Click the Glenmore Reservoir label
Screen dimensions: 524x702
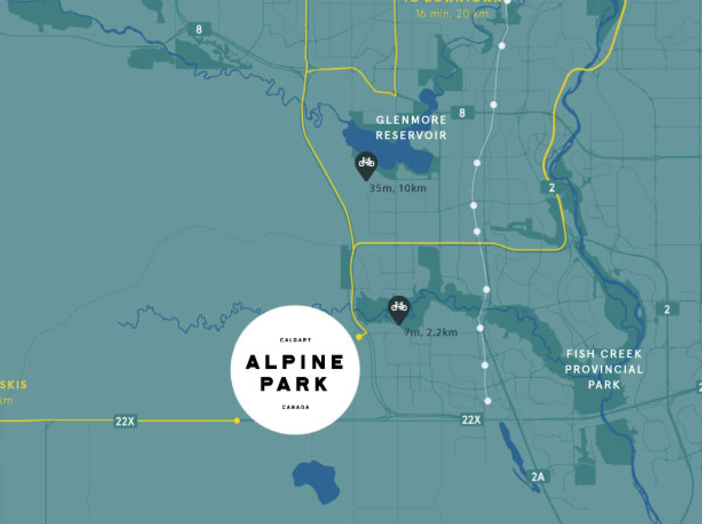(x=411, y=127)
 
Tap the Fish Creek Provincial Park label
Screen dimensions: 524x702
(x=604, y=369)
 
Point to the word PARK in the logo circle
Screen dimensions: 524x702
(x=294, y=384)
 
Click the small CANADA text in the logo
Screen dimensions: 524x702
(x=296, y=407)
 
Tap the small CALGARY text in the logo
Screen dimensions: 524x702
(x=295, y=340)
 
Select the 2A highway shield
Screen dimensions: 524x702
(x=538, y=477)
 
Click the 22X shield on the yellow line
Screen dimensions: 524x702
(x=125, y=421)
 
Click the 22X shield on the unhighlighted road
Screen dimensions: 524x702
(x=471, y=420)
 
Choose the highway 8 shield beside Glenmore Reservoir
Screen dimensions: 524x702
(x=462, y=113)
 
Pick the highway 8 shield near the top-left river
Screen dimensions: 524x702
(x=199, y=29)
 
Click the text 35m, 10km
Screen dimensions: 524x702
(x=398, y=188)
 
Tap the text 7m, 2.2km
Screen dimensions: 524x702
(x=431, y=332)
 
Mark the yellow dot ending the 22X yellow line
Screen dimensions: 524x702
(x=237, y=420)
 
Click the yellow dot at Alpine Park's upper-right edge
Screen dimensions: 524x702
(x=359, y=337)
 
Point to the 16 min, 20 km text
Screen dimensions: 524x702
(x=452, y=14)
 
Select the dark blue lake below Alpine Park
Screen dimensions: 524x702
(x=316, y=479)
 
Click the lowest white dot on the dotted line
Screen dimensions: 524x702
(x=488, y=401)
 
